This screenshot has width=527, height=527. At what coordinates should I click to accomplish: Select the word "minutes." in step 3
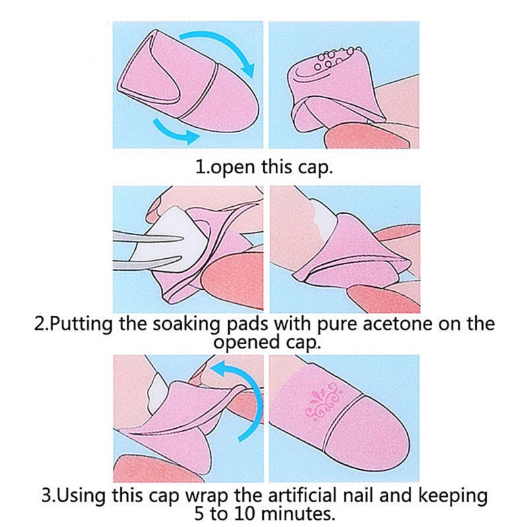(x=298, y=513)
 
